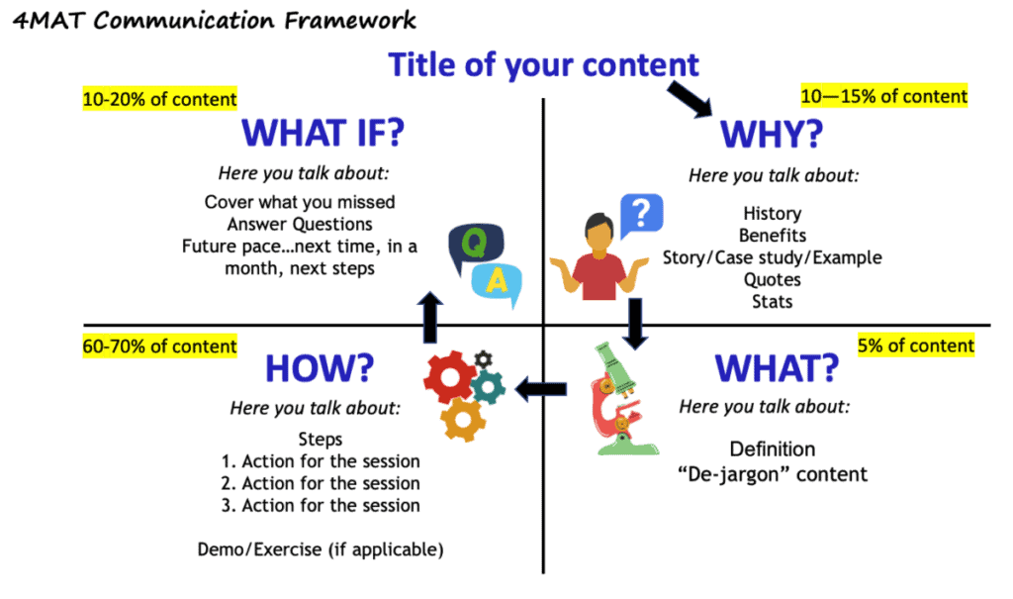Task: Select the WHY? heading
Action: point(774,135)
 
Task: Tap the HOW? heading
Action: point(319,368)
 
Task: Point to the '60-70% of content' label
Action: point(159,347)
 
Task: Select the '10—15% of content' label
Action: point(883,96)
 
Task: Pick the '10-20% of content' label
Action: point(159,99)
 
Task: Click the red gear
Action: point(450,377)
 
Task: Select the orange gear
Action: point(463,419)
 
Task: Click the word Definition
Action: point(773,449)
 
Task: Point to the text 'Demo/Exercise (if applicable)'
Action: point(321,549)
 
